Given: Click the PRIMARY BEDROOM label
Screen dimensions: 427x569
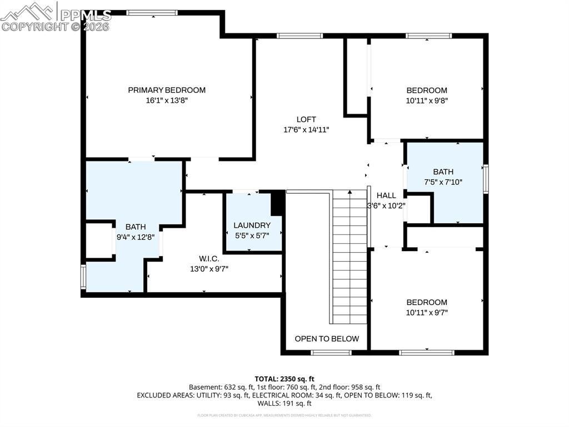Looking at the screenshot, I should pyautogui.click(x=167, y=90).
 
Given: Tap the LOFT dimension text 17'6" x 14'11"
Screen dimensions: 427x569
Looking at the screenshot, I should pyautogui.click(x=306, y=130).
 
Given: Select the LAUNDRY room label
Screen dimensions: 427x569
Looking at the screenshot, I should pyautogui.click(x=252, y=225).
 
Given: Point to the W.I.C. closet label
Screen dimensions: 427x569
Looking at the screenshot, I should pyautogui.click(x=209, y=259).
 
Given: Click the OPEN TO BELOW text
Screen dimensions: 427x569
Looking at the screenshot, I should pyautogui.click(x=327, y=338).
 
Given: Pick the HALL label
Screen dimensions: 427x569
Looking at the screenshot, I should pyautogui.click(x=386, y=195).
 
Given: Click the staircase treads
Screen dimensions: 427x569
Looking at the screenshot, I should pyautogui.click(x=350, y=256).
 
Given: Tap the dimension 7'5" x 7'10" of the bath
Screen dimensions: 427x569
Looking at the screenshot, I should pyautogui.click(x=443, y=182).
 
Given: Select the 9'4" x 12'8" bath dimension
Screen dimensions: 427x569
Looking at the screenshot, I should pyautogui.click(x=135, y=237).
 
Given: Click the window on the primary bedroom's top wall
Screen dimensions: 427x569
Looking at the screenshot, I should pyautogui.click(x=152, y=12).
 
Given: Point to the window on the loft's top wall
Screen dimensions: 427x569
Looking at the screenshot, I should pyautogui.click(x=300, y=36).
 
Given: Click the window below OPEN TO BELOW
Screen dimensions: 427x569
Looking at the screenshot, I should pyautogui.click(x=331, y=352).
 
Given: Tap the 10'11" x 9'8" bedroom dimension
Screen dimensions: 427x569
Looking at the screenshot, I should pyautogui.click(x=427, y=101).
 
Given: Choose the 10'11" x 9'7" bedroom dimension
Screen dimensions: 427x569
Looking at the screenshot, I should pyautogui.click(x=427, y=312).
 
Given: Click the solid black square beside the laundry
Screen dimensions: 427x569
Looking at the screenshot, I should pyautogui.click(x=277, y=204).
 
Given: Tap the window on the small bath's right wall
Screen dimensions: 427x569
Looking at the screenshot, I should pyautogui.click(x=486, y=179).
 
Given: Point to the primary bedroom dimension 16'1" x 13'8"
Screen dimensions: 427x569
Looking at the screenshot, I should pyautogui.click(x=167, y=101).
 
